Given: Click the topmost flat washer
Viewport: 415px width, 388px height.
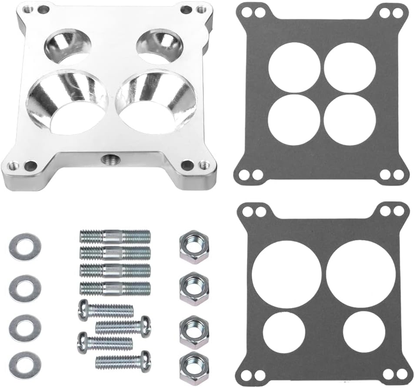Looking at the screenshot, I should click(25, 247).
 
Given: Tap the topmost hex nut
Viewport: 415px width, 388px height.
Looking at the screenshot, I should click(194, 247).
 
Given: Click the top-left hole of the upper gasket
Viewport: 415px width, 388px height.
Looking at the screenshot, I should click(294, 67).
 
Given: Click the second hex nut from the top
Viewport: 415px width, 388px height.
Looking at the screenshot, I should click(194, 288).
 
